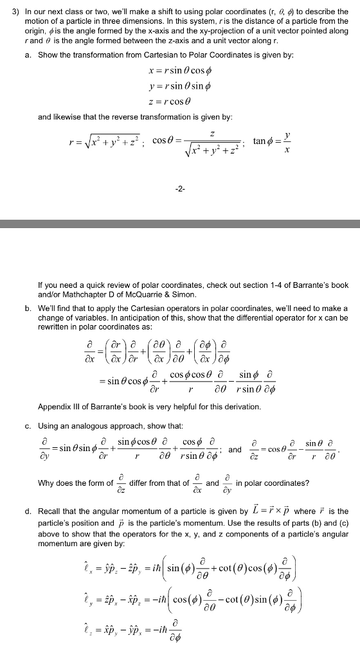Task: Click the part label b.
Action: [27, 308]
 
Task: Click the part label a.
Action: [27, 55]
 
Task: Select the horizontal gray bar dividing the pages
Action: [180, 224]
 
